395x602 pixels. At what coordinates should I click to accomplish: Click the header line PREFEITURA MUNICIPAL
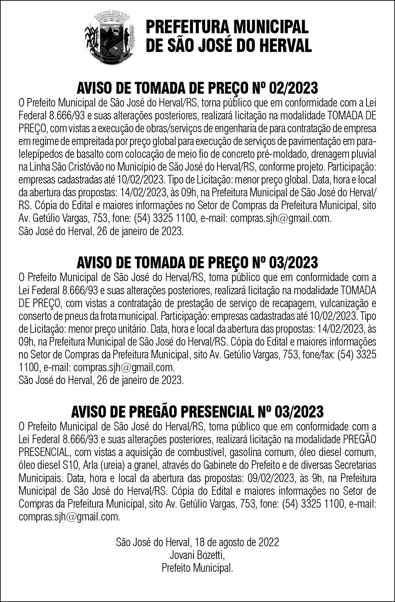tap(227, 26)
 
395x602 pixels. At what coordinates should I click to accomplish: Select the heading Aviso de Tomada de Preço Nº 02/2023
tap(197, 88)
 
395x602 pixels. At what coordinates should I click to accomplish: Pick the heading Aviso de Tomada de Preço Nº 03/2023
tap(197, 262)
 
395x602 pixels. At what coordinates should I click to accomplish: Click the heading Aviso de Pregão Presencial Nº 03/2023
tap(197, 411)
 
